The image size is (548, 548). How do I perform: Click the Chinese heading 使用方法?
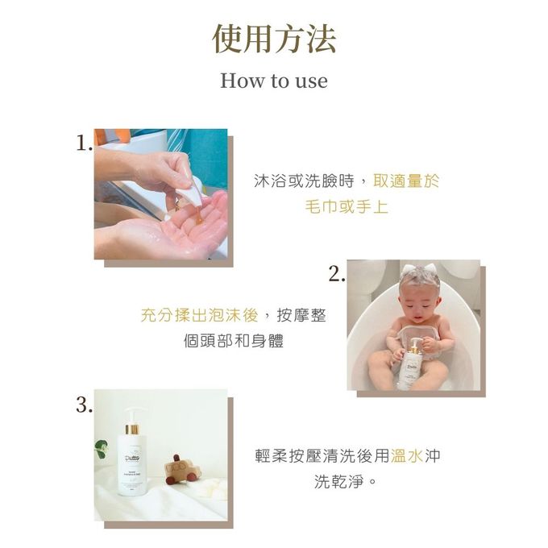click(x=274, y=39)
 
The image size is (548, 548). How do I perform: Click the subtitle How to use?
click(x=274, y=81)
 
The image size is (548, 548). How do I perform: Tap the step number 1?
click(x=83, y=143)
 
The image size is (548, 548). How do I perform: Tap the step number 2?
click(x=337, y=274)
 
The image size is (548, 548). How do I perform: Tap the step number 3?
click(x=84, y=405)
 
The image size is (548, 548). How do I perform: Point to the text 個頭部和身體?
click(x=234, y=341)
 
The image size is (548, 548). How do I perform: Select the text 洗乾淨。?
click(x=346, y=482)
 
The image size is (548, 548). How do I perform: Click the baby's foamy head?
click(x=419, y=283)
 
